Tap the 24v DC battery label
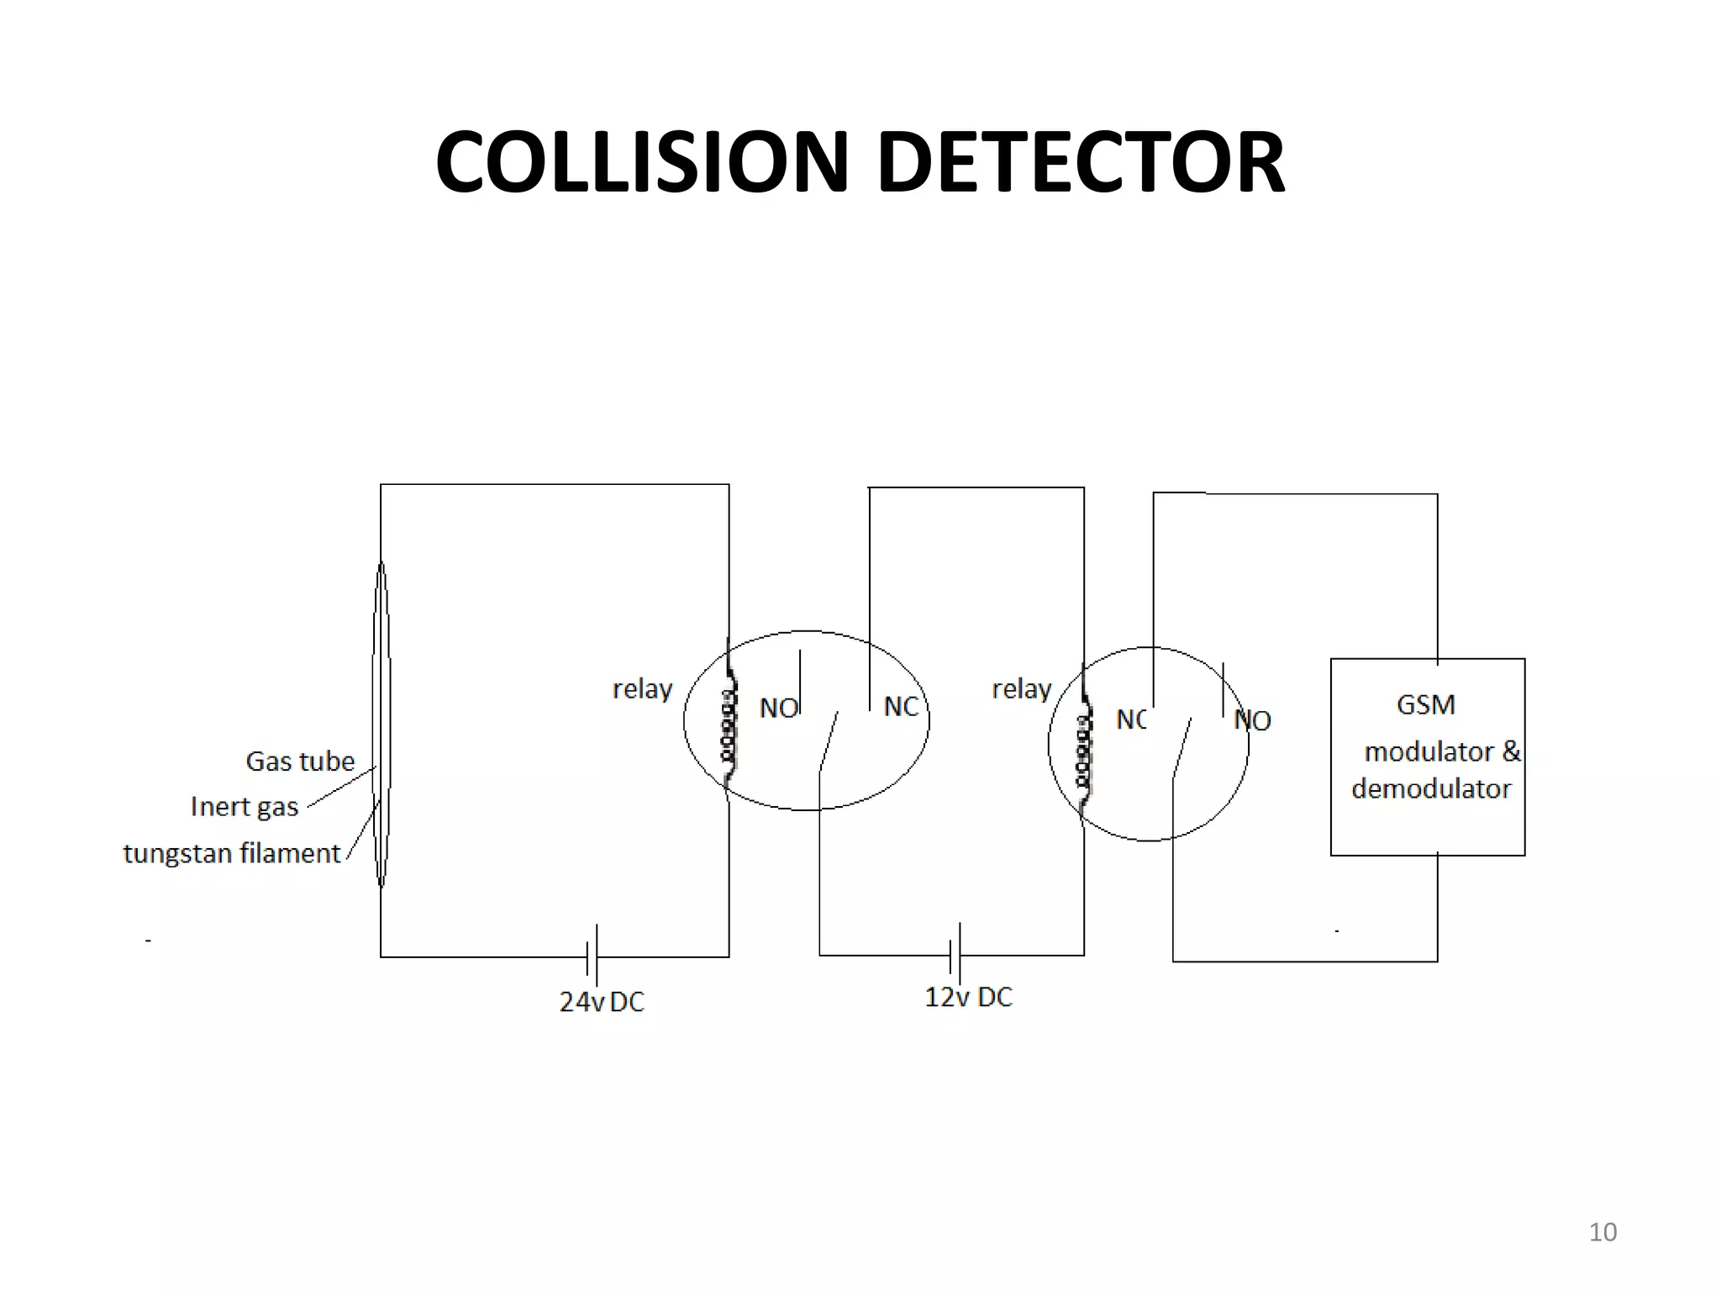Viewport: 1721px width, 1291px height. pyautogui.click(x=602, y=1002)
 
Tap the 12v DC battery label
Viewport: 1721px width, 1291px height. pyautogui.click(x=968, y=998)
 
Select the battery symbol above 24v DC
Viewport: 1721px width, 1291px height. pyautogui.click(x=592, y=956)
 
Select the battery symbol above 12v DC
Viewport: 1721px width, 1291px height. pyautogui.click(x=955, y=954)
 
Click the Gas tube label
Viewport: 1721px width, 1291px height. pyautogui.click(x=300, y=761)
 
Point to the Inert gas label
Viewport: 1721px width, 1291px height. pyautogui.click(x=245, y=807)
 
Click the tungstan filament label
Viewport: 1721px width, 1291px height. pyautogui.click(x=232, y=854)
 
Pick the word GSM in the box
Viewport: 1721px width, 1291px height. pyautogui.click(x=1425, y=704)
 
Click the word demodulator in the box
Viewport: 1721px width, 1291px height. pyautogui.click(x=1431, y=789)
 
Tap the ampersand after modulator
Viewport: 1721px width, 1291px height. pyautogui.click(x=1511, y=751)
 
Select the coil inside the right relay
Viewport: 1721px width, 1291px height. pyautogui.click(x=1085, y=750)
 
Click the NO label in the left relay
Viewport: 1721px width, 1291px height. pyautogui.click(x=778, y=709)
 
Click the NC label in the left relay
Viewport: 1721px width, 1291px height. pyautogui.click(x=901, y=707)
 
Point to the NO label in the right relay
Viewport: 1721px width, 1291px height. pyautogui.click(x=1252, y=720)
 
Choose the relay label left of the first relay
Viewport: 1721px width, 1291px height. pyautogui.click(x=643, y=689)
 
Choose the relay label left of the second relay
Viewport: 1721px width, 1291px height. pyautogui.click(x=1022, y=689)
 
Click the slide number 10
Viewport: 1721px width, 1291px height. pyautogui.click(x=1603, y=1232)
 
